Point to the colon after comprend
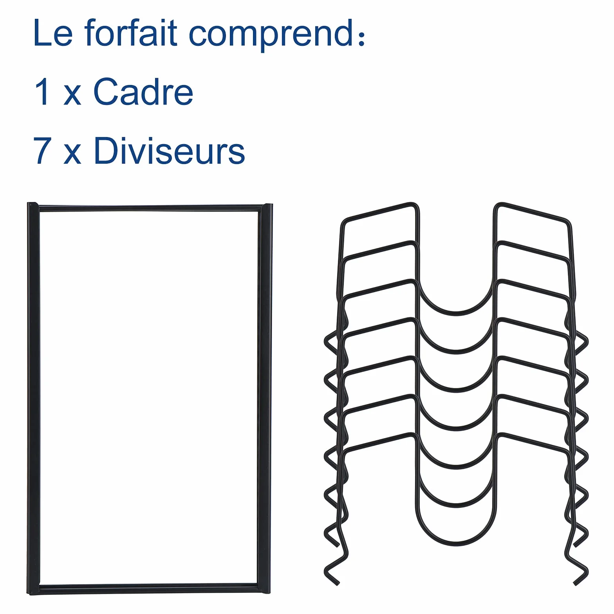tap(360, 37)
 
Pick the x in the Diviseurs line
tap(72, 154)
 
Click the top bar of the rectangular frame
tap(150, 208)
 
